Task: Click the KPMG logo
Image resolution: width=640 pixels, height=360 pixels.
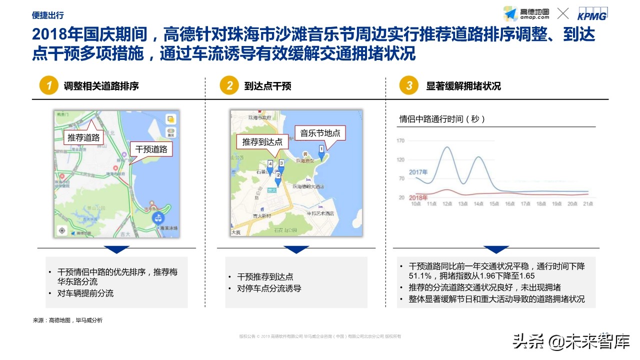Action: (x=592, y=14)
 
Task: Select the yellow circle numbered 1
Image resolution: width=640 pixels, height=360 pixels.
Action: (x=49, y=85)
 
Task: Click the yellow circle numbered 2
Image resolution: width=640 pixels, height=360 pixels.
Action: (x=229, y=85)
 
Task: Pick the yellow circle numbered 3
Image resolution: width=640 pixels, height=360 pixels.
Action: (x=409, y=85)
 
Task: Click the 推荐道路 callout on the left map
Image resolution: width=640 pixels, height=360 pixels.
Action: (x=84, y=137)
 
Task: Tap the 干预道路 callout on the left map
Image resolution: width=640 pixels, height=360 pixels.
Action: (x=151, y=148)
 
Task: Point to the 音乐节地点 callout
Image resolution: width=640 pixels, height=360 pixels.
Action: (x=320, y=133)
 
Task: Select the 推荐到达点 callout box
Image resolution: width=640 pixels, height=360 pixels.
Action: (x=262, y=142)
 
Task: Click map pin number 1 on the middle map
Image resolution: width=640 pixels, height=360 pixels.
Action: (x=321, y=149)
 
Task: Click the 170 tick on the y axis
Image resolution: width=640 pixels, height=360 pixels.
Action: (x=400, y=141)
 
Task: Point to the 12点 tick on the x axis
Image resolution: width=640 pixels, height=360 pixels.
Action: (x=447, y=204)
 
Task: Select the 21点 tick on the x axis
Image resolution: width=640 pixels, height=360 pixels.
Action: (x=588, y=204)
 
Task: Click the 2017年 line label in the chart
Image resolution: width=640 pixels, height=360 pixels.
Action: (x=418, y=172)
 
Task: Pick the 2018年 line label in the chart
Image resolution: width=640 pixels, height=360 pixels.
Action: (x=418, y=198)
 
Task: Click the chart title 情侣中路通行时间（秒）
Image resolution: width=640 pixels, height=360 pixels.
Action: (x=442, y=119)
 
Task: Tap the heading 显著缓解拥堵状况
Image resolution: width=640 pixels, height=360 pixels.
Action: (x=463, y=86)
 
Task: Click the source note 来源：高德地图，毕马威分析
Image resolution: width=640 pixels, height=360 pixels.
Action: (x=67, y=320)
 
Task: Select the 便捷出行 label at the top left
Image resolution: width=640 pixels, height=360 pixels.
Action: (x=47, y=15)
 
